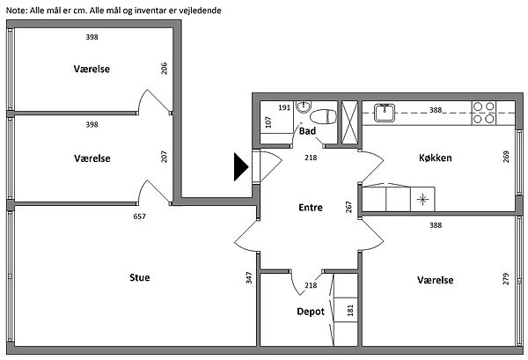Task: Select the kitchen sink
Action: pos(384,111)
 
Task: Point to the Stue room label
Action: pos(139,277)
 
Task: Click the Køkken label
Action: pos(435,158)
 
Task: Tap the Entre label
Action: pos(311,209)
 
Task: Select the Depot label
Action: pos(311,312)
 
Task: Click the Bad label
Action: pos(307,131)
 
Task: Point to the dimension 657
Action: pos(139,217)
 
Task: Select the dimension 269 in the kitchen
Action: pos(506,157)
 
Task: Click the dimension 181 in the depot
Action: pos(350,311)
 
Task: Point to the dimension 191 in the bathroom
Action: pos(284,107)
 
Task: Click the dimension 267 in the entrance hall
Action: pos(349,207)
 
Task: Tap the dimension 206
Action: pos(165,68)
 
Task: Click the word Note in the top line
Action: pos(17,11)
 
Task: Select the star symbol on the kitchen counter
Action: pos(423,199)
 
